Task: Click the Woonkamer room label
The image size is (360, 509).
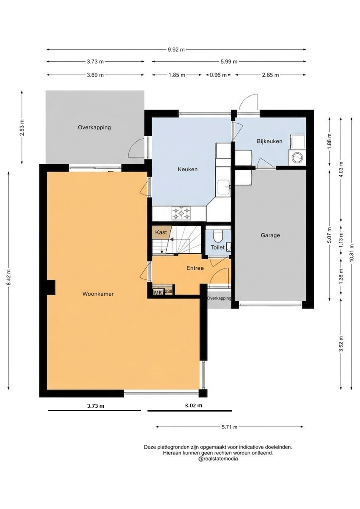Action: coord(98,294)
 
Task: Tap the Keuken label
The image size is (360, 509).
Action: coord(187,169)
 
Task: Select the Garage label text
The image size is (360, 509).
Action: coord(270,235)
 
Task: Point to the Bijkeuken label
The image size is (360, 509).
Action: coord(270,141)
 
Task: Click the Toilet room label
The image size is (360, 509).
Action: coord(217,247)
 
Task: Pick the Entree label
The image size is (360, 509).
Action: coord(195,268)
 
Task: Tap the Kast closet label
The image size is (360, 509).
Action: coord(161,232)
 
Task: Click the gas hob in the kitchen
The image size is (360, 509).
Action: coord(181,213)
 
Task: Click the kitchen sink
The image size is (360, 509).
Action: coord(223,187)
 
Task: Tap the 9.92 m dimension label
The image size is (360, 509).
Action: coord(176,50)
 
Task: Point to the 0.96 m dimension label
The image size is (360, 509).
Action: coord(218,75)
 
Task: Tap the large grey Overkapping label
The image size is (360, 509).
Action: coord(94,127)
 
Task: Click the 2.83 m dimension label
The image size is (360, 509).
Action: coord(22,127)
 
